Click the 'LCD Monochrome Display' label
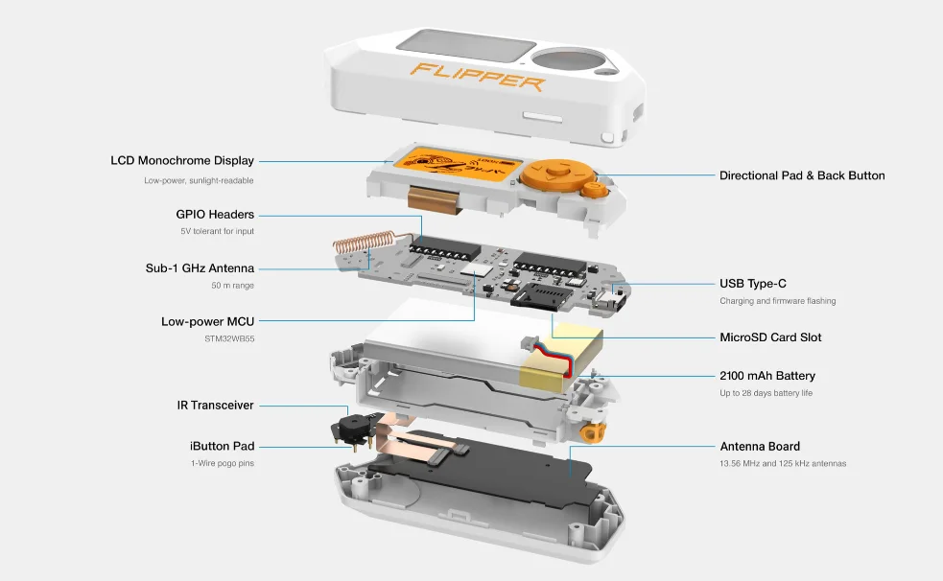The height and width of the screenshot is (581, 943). pos(182,161)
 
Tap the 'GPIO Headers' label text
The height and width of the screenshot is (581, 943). pos(215,215)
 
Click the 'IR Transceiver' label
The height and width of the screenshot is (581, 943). pos(215,406)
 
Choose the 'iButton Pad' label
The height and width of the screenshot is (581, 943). pos(222,447)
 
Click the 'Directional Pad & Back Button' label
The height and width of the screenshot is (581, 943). pos(802,175)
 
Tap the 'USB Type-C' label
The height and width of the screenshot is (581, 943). pos(753,284)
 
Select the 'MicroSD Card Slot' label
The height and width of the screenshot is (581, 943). pos(770,337)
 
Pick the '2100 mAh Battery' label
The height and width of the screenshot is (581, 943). pos(767,376)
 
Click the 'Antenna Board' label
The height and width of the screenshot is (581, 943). pos(760,447)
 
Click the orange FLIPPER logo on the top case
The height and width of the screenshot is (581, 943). pos(478,76)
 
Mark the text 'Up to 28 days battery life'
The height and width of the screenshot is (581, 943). pos(766,393)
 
